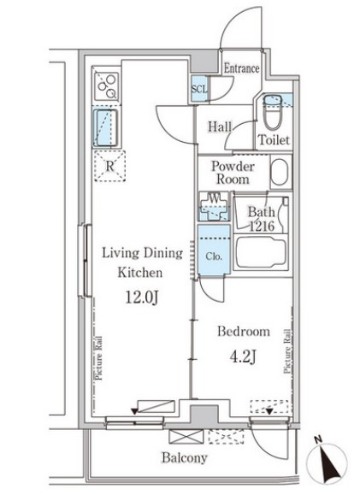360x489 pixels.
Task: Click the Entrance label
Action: (241, 68)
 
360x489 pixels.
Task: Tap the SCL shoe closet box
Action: (198, 89)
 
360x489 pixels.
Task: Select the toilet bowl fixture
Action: (273, 112)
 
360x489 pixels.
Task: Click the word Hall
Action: (220, 127)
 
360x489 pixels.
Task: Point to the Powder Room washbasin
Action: (280, 172)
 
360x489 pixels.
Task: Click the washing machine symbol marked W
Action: (214, 206)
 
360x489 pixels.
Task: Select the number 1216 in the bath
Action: (262, 226)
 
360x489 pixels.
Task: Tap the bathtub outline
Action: (261, 252)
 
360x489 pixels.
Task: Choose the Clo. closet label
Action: (214, 256)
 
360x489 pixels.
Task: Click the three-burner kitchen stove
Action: (107, 86)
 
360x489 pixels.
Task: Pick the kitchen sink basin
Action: (105, 127)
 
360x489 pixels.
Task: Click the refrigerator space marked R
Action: (109, 166)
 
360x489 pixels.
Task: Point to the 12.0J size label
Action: (142, 298)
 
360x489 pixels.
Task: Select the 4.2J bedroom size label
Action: (244, 356)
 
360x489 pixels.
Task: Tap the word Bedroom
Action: (244, 332)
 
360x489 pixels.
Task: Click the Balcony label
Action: (185, 458)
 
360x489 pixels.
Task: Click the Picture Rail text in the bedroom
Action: (287, 351)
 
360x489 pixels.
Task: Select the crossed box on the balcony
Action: (186, 436)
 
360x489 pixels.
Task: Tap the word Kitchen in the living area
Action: (140, 273)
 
